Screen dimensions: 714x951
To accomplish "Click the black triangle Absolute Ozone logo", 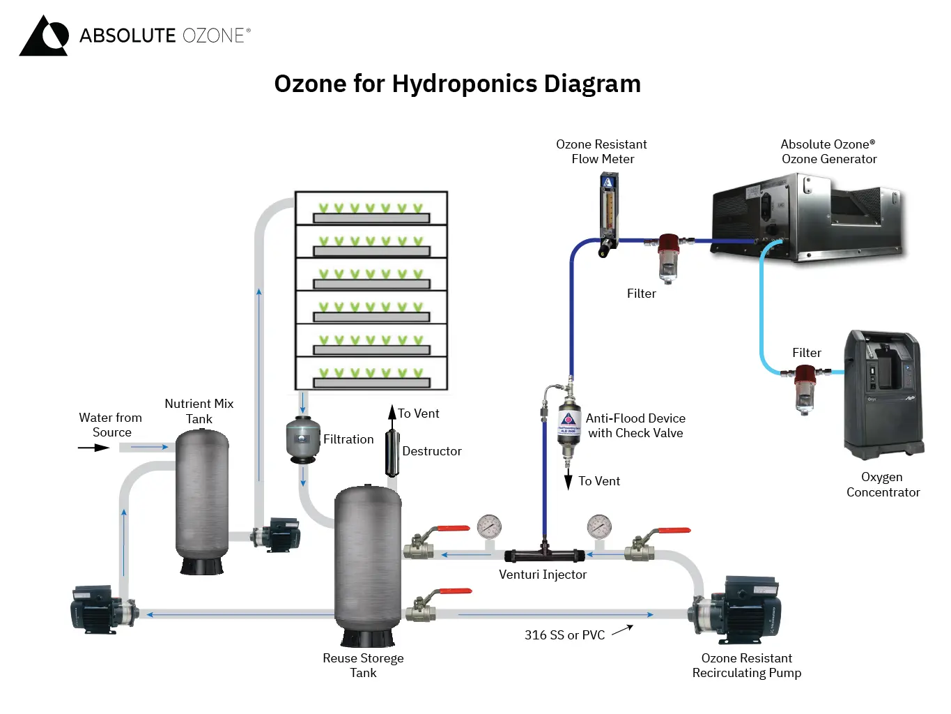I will click(x=44, y=36).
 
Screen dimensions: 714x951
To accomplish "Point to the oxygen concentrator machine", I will click(x=883, y=395).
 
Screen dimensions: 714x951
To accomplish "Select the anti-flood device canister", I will click(x=569, y=425).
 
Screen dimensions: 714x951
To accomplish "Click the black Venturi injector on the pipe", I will click(x=544, y=555).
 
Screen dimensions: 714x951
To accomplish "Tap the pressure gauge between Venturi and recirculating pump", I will click(x=599, y=526).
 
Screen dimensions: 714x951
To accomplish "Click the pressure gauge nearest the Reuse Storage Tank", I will click(x=489, y=526).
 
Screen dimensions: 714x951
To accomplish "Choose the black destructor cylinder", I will click(x=392, y=451).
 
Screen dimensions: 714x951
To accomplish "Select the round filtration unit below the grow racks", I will click(x=303, y=439).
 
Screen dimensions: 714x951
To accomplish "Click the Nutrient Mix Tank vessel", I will click(x=202, y=499).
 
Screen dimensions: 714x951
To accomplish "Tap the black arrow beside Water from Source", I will click(x=93, y=448).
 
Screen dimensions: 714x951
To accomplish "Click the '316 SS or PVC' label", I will click(x=564, y=635).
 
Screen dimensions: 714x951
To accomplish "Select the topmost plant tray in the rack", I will click(x=371, y=208).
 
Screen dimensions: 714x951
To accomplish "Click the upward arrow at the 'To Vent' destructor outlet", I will click(x=392, y=413).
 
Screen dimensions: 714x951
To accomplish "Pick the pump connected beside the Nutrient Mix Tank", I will click(x=277, y=535).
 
